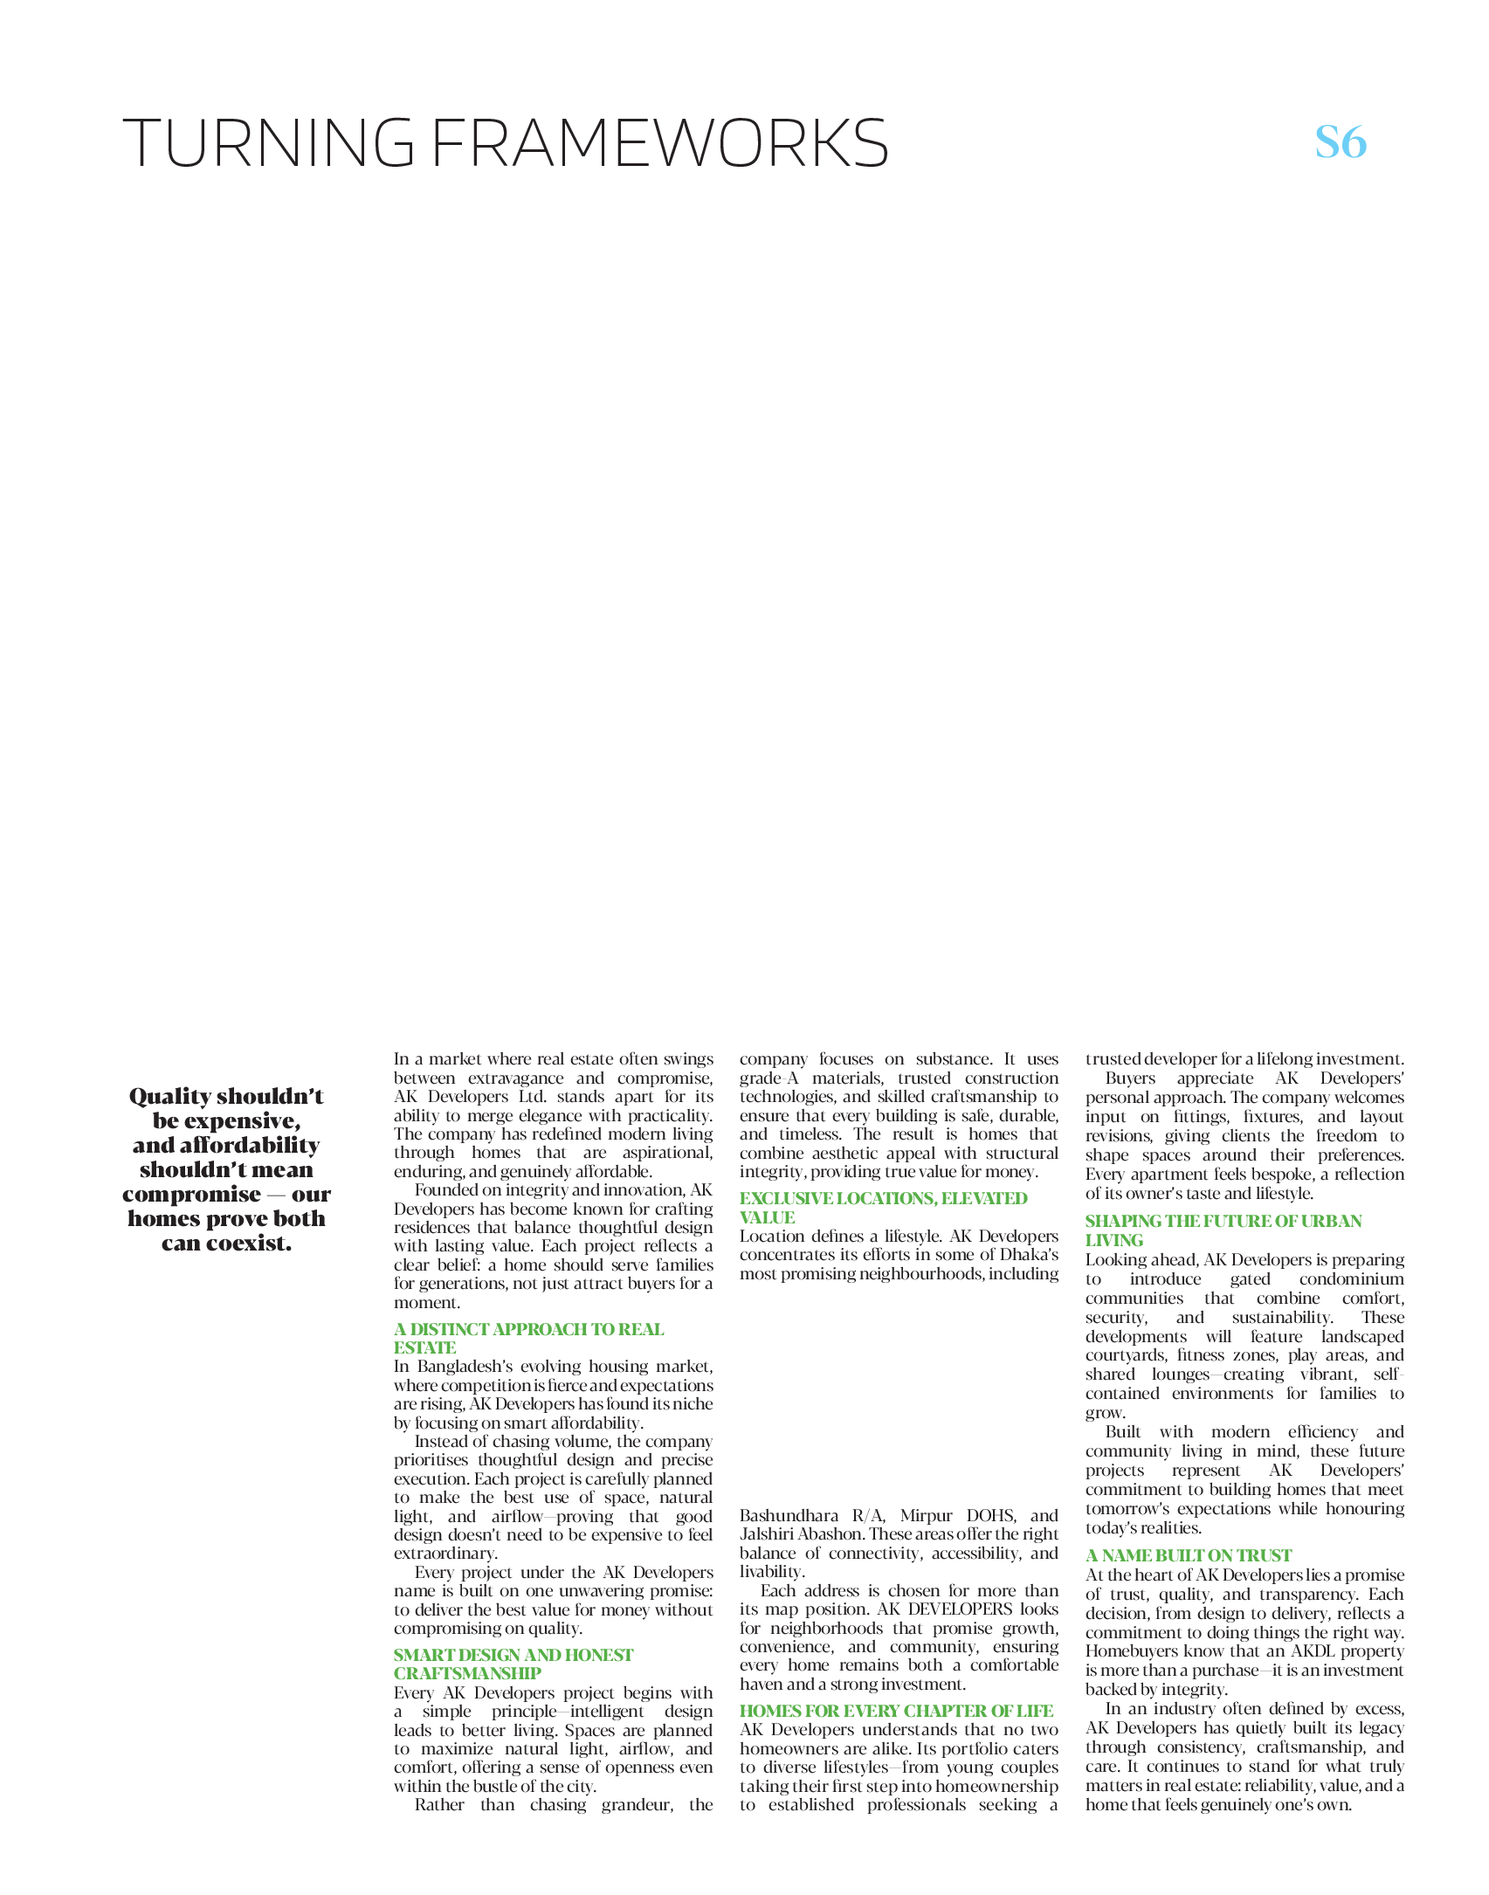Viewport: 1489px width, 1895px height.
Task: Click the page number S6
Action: [x=1341, y=141]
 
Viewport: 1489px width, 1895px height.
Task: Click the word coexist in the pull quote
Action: [x=246, y=1244]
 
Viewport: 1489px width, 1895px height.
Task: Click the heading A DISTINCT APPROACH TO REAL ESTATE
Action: [x=528, y=1338]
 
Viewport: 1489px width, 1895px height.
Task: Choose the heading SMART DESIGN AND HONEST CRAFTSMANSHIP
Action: [x=513, y=1664]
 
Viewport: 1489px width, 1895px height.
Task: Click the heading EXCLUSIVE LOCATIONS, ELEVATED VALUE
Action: [x=883, y=1208]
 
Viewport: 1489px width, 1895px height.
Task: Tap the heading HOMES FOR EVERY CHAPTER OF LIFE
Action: [x=896, y=1711]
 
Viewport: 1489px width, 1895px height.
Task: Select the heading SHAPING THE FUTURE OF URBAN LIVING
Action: [x=1223, y=1230]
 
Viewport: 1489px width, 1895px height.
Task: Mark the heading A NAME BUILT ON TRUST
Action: [x=1188, y=1555]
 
